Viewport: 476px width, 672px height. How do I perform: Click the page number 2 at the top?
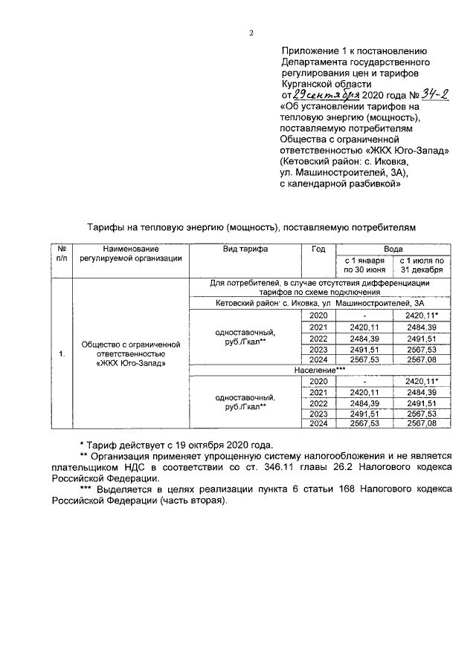(x=251, y=33)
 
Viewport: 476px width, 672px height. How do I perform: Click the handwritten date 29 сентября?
(x=327, y=96)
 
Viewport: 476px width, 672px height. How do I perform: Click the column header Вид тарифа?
(x=245, y=249)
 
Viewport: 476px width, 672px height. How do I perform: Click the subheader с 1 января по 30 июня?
(x=364, y=265)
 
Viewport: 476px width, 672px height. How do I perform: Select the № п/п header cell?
(x=62, y=254)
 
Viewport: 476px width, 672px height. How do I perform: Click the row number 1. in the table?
(x=62, y=353)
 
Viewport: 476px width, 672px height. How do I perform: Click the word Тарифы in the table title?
(x=106, y=225)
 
